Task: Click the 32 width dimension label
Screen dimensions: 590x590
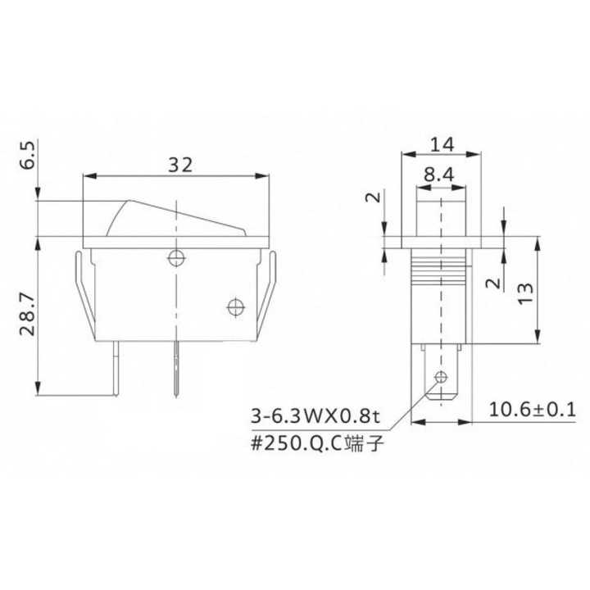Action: [x=179, y=165]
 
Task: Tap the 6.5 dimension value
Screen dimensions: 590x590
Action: [x=28, y=155]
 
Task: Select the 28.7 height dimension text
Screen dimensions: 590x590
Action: [x=28, y=314]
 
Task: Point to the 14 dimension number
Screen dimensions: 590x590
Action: [x=442, y=144]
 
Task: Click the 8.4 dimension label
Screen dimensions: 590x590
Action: [x=439, y=175]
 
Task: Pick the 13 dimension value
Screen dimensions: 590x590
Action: [x=525, y=293]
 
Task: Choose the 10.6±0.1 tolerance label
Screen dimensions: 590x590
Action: [x=533, y=410]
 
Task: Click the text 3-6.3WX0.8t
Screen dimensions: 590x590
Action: [x=316, y=416]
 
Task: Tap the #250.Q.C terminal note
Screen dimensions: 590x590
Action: [x=318, y=444]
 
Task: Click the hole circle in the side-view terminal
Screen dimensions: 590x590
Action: [x=441, y=376]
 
